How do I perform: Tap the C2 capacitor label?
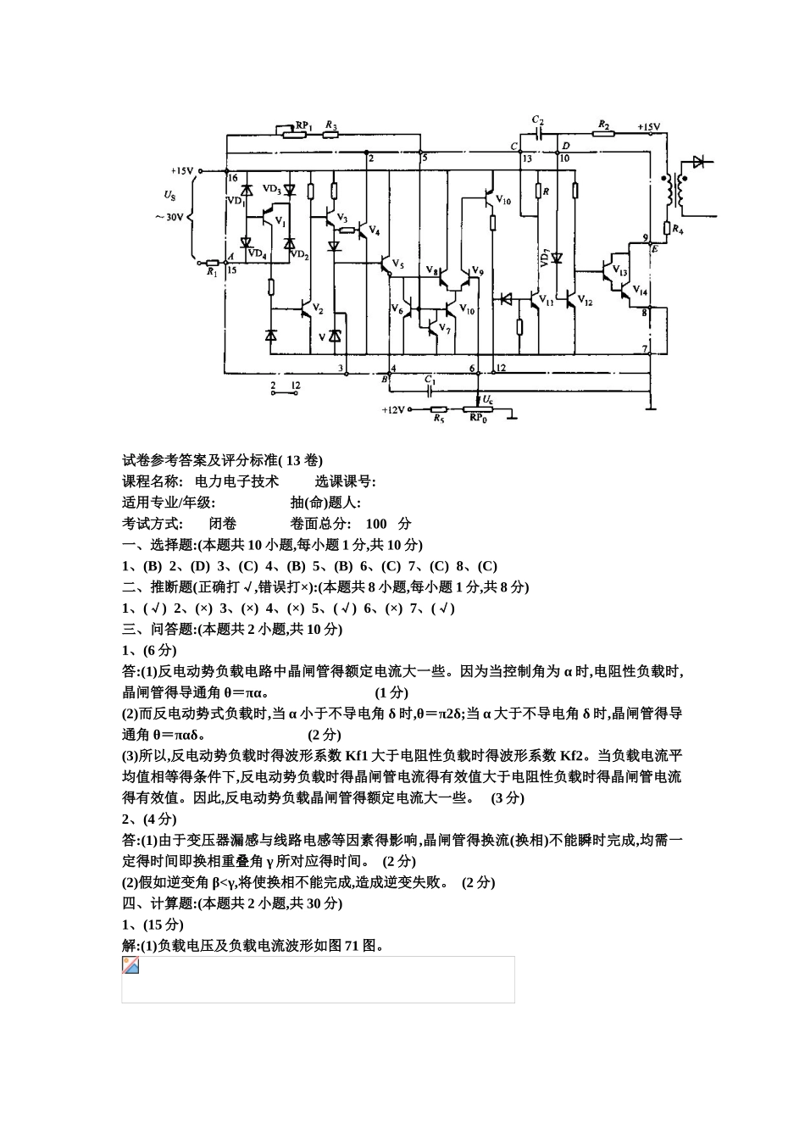click(537, 120)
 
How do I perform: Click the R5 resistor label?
click(438, 419)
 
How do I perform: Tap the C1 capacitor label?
click(430, 381)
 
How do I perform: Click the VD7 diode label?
click(546, 258)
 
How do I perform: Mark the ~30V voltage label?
click(169, 217)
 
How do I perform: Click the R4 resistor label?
click(678, 229)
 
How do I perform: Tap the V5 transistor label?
click(397, 264)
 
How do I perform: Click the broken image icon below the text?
click(130, 965)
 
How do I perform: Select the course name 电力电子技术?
click(236, 481)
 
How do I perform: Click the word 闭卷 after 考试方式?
click(223, 524)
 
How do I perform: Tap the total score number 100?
click(376, 524)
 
